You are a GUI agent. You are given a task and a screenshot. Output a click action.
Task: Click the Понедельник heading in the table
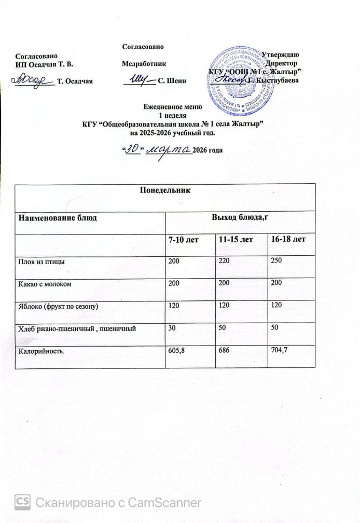pyautogui.click(x=165, y=190)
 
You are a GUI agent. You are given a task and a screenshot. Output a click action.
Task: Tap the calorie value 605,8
pyautogui.click(x=176, y=351)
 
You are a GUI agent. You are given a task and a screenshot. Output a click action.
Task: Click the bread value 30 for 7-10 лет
pyautogui.click(x=170, y=328)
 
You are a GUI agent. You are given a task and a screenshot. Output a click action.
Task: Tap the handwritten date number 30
pyautogui.click(x=133, y=149)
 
